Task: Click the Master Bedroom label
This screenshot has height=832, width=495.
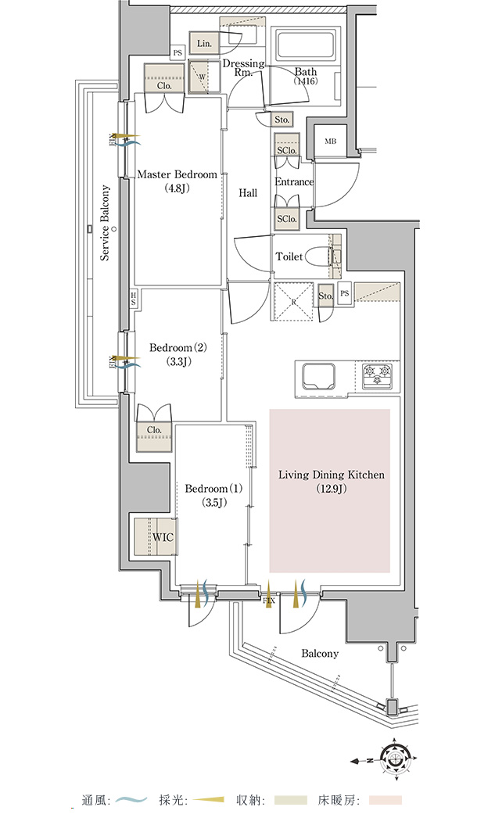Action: [178, 174]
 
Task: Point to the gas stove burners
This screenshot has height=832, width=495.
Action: [378, 375]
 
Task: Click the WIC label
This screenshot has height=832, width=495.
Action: [163, 537]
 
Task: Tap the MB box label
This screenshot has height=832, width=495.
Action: [330, 141]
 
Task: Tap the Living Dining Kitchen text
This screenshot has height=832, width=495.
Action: [332, 475]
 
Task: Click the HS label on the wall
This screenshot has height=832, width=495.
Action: [133, 298]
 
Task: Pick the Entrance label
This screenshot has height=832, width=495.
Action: [294, 182]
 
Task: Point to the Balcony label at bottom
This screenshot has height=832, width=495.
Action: [320, 653]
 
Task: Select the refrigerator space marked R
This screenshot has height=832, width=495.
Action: [293, 301]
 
